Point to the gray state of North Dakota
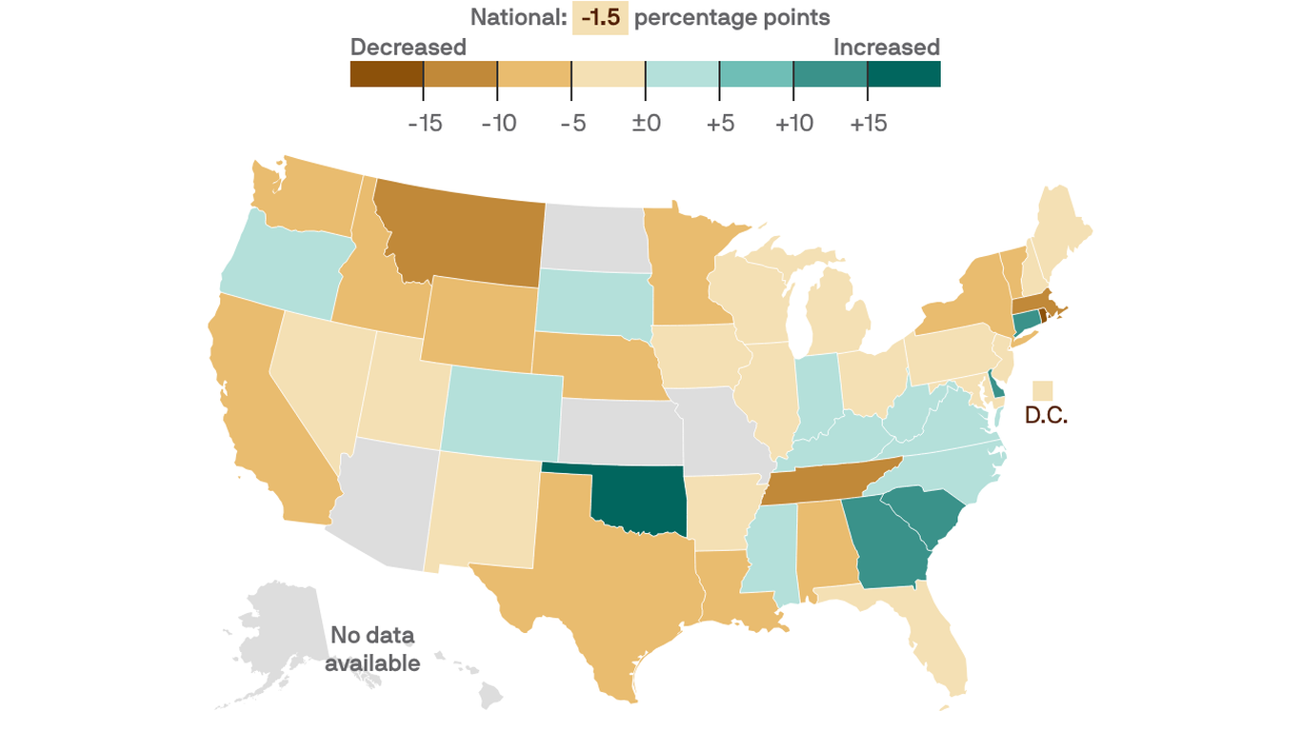pos(595,238)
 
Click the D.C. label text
pos(1046,416)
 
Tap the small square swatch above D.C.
pos(1043,390)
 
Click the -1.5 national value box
pos(600,17)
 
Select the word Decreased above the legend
pos(408,47)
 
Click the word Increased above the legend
pos(886,47)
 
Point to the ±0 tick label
pos(646,123)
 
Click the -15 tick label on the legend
pos(424,123)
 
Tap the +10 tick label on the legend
pos(793,123)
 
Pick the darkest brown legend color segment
pos(387,74)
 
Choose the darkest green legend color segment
pos(904,74)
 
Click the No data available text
pos(371,649)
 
